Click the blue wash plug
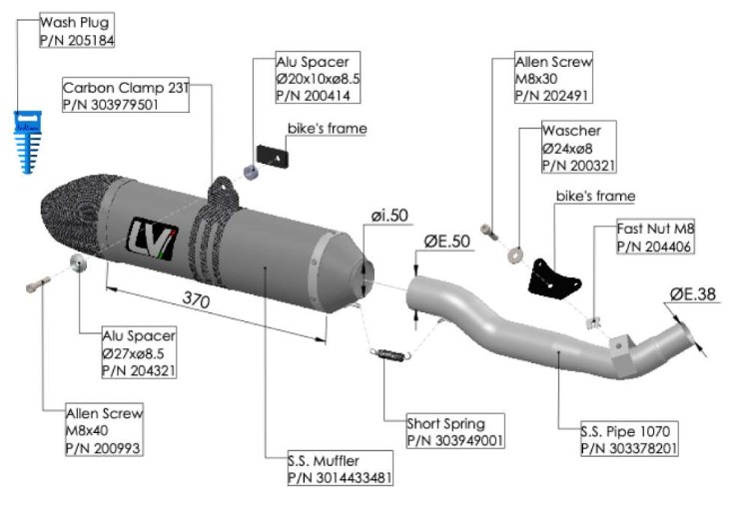click(x=28, y=139)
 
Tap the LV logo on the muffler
click(x=151, y=238)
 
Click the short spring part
click(x=390, y=352)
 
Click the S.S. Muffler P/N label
click(x=339, y=469)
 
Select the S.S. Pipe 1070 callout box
click(x=628, y=440)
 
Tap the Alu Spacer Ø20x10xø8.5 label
click(x=318, y=78)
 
